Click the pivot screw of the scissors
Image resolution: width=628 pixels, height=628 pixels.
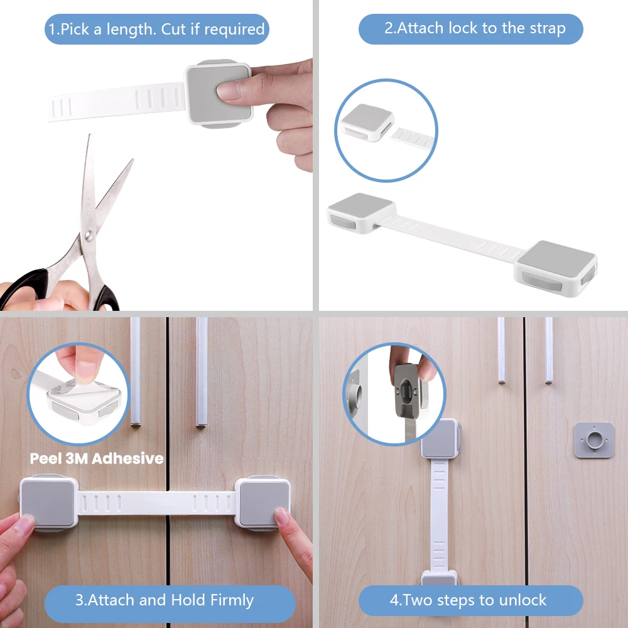[x=89, y=235]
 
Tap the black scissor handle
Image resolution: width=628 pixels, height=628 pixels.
[x=24, y=288]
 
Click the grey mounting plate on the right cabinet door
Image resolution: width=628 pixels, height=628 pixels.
[x=593, y=440]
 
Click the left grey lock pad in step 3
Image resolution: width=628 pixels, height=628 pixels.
[x=48, y=502]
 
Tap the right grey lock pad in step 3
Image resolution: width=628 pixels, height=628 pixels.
[x=263, y=502]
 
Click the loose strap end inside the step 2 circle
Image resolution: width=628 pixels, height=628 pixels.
[x=413, y=138]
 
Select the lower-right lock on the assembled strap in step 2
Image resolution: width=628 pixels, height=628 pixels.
[x=556, y=268]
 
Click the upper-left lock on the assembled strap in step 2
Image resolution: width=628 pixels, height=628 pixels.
[x=361, y=213]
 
